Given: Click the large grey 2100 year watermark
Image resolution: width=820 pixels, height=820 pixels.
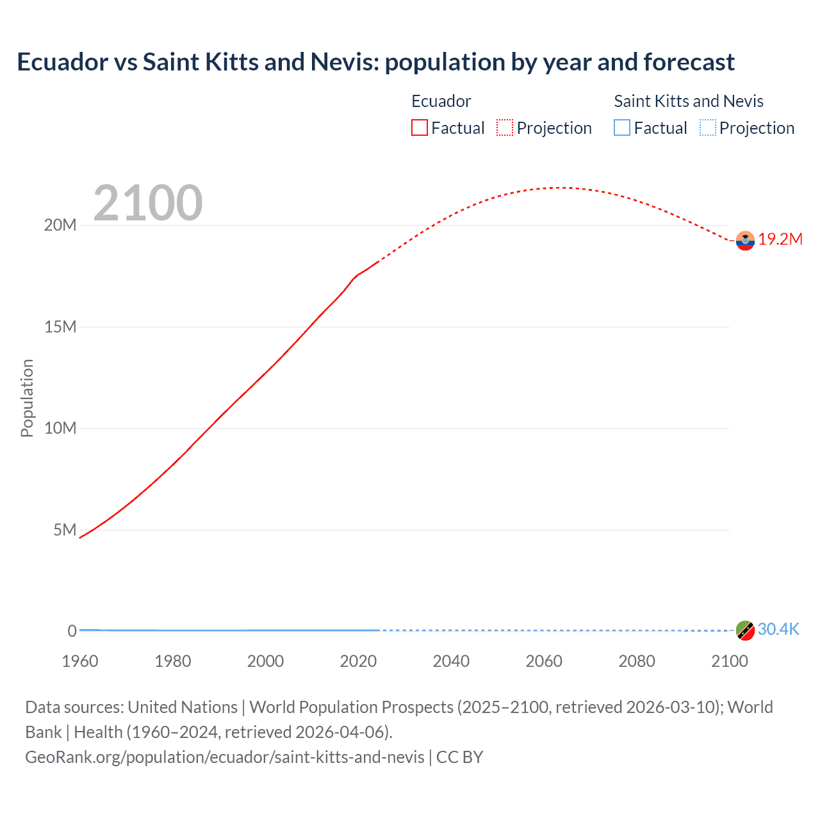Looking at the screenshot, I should tap(148, 203).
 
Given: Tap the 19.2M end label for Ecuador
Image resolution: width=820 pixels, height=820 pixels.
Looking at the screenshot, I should tap(780, 240).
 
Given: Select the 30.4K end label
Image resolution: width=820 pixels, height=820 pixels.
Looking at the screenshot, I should tap(778, 629).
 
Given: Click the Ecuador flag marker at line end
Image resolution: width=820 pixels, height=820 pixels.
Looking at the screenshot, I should tap(745, 240).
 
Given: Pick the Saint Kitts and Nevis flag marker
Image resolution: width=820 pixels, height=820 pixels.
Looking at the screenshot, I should tap(745, 630).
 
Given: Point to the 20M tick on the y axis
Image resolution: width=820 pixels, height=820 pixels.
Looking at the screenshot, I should tap(60, 225).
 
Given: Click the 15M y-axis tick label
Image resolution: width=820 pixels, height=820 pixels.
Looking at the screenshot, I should tap(60, 327).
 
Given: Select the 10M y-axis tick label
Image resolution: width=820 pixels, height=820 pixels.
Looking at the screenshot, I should tap(60, 428).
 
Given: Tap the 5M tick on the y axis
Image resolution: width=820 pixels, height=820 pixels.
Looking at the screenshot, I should tap(65, 530).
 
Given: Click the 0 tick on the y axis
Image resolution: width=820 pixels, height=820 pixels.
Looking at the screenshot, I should tap(72, 631).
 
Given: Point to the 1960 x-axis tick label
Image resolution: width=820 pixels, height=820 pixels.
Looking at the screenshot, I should tap(80, 661).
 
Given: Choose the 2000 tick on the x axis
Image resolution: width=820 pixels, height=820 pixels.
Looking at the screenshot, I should tap(265, 661).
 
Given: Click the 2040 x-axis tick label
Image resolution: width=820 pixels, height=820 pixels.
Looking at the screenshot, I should tap(451, 661).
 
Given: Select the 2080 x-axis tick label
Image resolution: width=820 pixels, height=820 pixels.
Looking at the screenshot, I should tap(637, 661).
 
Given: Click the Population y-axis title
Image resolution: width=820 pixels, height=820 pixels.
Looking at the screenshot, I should tap(27, 398).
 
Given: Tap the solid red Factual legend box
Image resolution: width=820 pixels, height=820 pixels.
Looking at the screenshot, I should tap(420, 128).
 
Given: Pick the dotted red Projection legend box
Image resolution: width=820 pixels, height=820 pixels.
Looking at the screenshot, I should tap(505, 128).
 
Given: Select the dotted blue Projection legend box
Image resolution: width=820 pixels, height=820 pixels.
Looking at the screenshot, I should tap(708, 128).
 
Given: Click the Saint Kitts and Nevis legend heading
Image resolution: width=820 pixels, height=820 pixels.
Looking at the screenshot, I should tap(689, 101).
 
